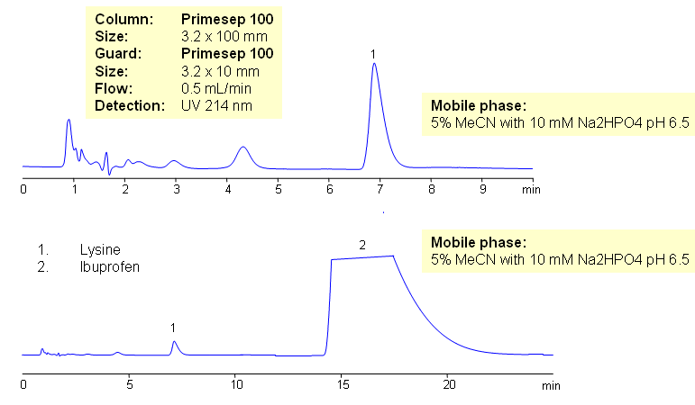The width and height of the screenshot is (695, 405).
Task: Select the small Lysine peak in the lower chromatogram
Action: click(x=175, y=343)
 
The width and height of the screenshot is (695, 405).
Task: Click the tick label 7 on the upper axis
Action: click(x=380, y=190)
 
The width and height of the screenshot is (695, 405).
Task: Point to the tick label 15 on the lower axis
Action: click(x=343, y=384)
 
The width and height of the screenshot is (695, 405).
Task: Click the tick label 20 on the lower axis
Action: click(x=449, y=384)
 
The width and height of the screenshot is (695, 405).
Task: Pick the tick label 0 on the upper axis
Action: click(x=23, y=190)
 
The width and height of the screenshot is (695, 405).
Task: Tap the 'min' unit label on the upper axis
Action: click(x=532, y=190)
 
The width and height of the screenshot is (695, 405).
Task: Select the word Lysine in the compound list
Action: click(x=99, y=249)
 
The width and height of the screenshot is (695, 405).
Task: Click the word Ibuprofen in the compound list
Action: click(x=109, y=266)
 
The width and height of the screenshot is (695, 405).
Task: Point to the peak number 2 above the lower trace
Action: click(x=362, y=244)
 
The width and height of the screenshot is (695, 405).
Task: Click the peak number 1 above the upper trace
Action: click(x=373, y=54)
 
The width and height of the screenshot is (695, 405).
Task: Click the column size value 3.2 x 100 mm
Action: click(x=224, y=36)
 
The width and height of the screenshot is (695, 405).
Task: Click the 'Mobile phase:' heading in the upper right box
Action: click(x=477, y=106)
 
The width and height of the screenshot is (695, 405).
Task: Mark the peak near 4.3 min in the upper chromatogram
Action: click(x=242, y=149)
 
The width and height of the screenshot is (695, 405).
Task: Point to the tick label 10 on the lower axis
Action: click(x=235, y=384)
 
